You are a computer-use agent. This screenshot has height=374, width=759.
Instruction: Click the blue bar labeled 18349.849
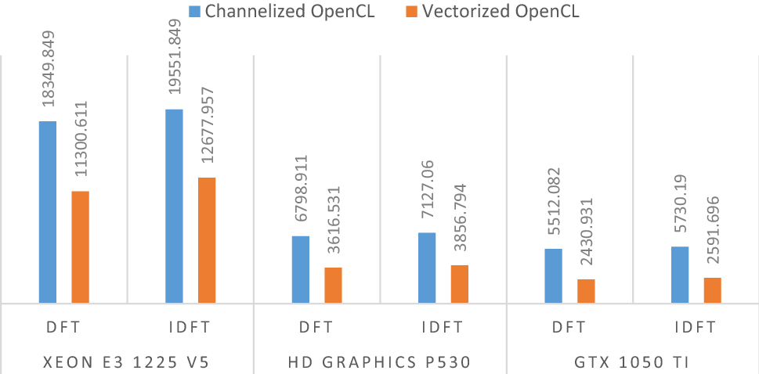[48, 212]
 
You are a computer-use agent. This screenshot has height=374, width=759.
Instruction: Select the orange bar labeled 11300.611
[80, 246]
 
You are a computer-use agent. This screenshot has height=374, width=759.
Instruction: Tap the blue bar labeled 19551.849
[174, 206]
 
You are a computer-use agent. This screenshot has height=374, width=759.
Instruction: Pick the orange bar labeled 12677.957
[207, 240]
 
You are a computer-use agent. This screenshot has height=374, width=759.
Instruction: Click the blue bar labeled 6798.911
[301, 269]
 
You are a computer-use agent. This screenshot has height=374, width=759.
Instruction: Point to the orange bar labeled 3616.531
[333, 285]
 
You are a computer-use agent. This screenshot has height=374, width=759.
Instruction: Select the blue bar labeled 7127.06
[427, 268]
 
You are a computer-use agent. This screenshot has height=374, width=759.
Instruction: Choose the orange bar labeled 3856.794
[459, 284]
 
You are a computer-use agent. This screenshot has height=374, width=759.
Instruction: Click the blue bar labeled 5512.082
[553, 275]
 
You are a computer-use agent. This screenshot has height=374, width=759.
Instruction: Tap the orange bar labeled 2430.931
[586, 291]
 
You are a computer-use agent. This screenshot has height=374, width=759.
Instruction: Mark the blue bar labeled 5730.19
[680, 275]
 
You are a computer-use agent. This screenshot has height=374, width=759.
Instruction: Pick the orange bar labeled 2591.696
[712, 290]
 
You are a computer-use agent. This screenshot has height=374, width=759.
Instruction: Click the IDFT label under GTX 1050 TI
[696, 327]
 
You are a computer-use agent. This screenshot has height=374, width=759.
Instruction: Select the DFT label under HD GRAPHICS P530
[316, 327]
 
